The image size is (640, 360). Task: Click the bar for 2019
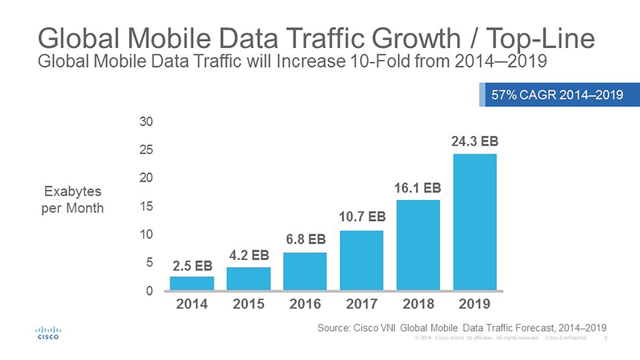[475, 222]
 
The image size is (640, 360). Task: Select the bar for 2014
[192, 283]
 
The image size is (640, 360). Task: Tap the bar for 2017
[362, 260]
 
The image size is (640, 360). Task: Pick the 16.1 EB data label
[418, 189]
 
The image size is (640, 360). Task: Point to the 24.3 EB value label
[475, 142]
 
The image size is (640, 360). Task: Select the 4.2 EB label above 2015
[249, 255]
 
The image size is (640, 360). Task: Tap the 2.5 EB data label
[192, 265]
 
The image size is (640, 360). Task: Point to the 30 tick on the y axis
[147, 122]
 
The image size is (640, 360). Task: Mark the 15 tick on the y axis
[147, 206]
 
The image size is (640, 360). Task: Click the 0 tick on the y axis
[149, 291]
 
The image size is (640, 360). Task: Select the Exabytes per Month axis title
[73, 199]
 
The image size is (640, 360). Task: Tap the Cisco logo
[47, 332]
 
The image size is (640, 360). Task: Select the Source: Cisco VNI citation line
[462, 327]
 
